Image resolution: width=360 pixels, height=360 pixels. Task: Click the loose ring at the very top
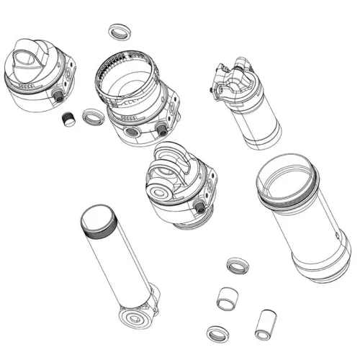pos(117,32)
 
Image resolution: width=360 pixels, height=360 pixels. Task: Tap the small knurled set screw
pos(69,120)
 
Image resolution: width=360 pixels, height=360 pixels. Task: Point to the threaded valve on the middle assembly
pos(199,207)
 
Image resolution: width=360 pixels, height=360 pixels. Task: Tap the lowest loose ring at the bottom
pos(215,333)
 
